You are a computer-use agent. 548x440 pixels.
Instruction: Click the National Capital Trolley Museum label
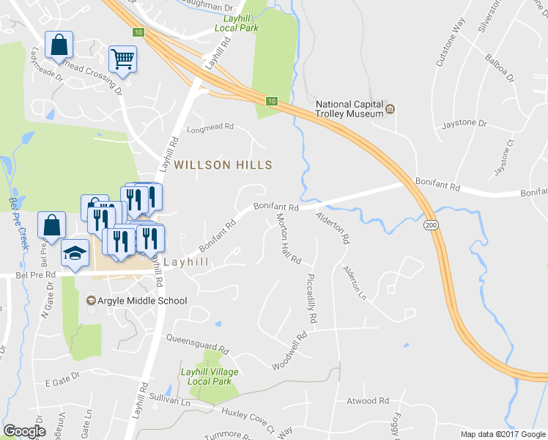(349, 109)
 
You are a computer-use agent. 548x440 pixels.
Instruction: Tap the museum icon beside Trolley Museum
(390, 109)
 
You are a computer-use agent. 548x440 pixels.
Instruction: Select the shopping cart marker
(123, 59)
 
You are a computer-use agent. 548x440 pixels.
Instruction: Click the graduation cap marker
(74, 252)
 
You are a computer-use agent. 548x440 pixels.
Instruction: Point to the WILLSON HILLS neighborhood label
(223, 165)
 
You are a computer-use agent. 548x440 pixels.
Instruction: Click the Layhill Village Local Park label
(210, 376)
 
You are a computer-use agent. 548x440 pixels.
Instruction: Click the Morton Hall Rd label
(289, 238)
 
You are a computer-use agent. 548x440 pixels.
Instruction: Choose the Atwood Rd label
(368, 401)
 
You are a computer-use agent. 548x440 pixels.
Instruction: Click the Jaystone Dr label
(465, 125)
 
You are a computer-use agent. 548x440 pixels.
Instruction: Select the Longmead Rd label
(210, 126)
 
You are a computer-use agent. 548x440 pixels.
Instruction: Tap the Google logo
(24, 431)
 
